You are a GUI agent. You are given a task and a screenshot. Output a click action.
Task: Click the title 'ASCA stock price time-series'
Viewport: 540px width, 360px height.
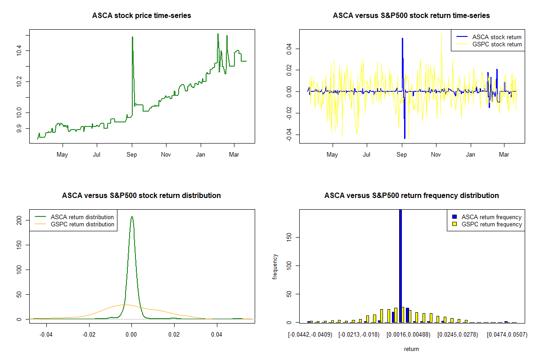[x=141, y=16]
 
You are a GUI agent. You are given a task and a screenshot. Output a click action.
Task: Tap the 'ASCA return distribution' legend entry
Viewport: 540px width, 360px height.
[x=82, y=217]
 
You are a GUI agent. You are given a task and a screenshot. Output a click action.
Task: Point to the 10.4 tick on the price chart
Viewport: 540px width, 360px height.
[x=19, y=51]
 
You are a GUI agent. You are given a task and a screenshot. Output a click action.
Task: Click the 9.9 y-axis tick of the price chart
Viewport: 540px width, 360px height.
[x=19, y=128]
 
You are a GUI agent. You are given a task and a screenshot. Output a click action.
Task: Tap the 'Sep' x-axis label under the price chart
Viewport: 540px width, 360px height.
[x=132, y=155]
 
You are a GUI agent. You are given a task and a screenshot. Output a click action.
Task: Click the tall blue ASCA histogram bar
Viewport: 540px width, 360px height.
[x=400, y=265]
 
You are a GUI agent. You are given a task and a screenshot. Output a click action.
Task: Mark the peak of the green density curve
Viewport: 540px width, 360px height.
[x=132, y=216]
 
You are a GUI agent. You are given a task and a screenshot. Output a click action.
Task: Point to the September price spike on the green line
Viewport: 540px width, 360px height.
[x=132, y=37]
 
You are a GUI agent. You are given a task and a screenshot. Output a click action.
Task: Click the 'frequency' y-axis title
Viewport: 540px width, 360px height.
[x=275, y=267]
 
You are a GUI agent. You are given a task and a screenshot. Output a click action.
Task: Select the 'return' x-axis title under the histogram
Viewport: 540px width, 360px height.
[x=411, y=349]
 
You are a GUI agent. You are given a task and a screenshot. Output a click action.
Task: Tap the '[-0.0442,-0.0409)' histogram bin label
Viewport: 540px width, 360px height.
[x=310, y=335]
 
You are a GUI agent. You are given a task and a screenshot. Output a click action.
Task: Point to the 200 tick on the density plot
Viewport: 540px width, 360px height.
[x=19, y=220]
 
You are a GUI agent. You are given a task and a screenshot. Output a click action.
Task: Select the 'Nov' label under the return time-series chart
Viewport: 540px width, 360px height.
[x=436, y=155]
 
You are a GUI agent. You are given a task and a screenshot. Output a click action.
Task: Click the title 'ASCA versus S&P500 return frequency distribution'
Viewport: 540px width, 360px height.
[x=411, y=196]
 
